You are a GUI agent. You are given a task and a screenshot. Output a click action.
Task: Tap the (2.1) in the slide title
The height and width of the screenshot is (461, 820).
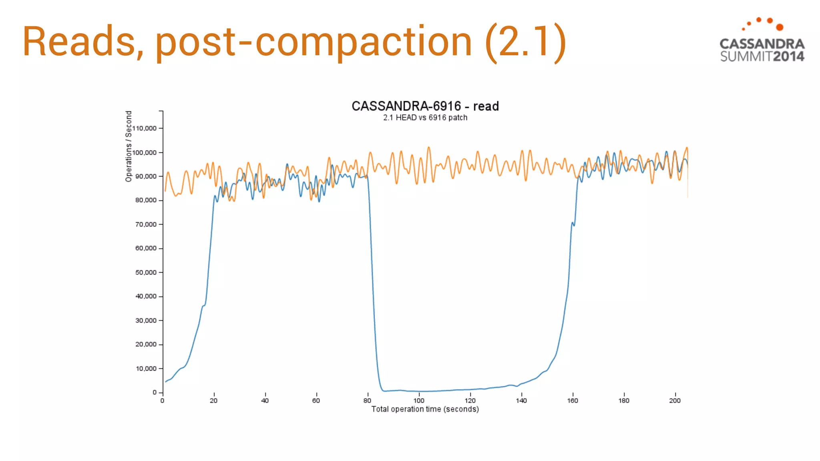[525, 42]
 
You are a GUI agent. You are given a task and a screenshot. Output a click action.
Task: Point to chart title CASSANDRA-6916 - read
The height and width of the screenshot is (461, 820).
[425, 106]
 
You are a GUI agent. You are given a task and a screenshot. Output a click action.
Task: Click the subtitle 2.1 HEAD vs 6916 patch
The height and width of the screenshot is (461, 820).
[425, 118]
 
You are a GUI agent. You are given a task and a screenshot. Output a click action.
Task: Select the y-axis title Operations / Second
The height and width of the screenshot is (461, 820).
[129, 146]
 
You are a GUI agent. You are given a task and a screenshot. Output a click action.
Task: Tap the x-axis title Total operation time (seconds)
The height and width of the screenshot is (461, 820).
[425, 409]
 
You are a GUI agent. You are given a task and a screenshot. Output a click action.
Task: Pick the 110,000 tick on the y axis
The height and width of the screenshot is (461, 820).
[145, 128]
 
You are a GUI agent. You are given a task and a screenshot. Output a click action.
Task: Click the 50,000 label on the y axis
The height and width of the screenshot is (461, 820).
[146, 273]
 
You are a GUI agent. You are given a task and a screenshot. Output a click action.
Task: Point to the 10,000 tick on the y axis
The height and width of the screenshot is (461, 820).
[146, 369]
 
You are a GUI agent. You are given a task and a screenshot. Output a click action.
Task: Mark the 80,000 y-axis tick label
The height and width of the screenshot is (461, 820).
[146, 200]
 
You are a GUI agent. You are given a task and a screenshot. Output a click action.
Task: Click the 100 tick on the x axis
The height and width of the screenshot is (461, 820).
[418, 401]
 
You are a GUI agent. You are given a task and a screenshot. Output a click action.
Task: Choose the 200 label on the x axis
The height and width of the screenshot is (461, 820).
[675, 401]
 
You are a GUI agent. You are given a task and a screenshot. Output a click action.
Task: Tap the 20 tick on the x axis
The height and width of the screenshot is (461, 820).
[213, 401]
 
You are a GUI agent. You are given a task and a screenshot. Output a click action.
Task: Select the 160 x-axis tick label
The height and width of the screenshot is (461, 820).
[572, 401]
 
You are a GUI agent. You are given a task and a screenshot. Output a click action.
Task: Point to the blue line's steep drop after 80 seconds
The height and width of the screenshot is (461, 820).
[372, 280]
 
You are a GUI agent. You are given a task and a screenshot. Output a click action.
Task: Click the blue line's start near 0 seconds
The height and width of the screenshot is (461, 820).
[166, 381]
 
